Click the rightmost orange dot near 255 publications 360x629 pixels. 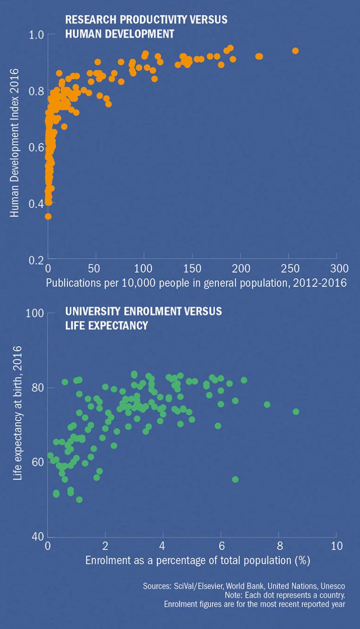[x=295, y=50]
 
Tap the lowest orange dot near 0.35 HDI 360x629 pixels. [x=48, y=217]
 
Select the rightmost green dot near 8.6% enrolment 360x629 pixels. [x=296, y=412]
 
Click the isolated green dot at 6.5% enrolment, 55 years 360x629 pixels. [x=235, y=479]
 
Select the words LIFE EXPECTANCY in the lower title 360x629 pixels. [x=106, y=325]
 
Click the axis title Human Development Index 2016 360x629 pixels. [x=15, y=143]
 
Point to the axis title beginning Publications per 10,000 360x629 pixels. [x=196, y=282]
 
